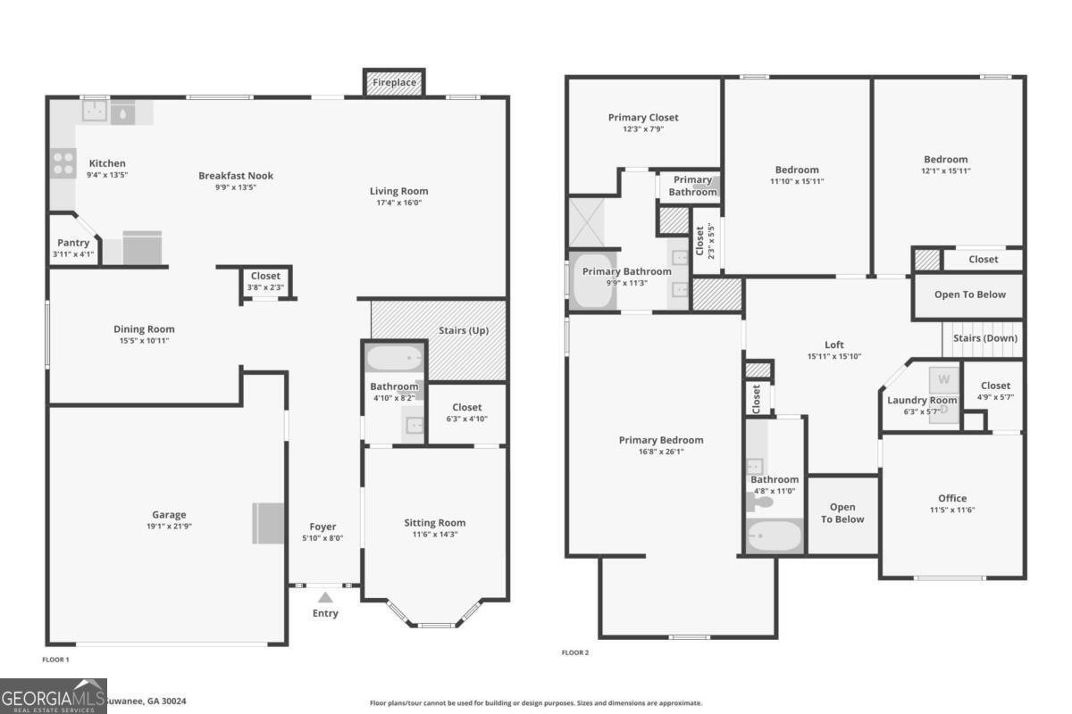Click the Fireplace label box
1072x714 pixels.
(394, 83)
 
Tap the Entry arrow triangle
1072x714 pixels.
(325, 598)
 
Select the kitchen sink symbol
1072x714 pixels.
(96, 111)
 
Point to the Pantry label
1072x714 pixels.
(73, 243)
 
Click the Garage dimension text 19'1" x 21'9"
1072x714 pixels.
(169, 527)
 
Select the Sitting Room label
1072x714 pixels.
(435, 523)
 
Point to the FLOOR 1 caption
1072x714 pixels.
(55, 660)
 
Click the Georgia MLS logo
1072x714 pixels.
(54, 696)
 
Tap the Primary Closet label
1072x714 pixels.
(643, 117)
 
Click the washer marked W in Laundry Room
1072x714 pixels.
(944, 379)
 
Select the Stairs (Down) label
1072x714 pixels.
(985, 338)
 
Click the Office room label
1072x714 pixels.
(952, 498)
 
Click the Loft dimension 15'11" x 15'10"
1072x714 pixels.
(833, 357)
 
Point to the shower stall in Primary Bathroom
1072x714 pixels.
(588, 223)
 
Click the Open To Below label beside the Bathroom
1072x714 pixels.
(843, 513)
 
